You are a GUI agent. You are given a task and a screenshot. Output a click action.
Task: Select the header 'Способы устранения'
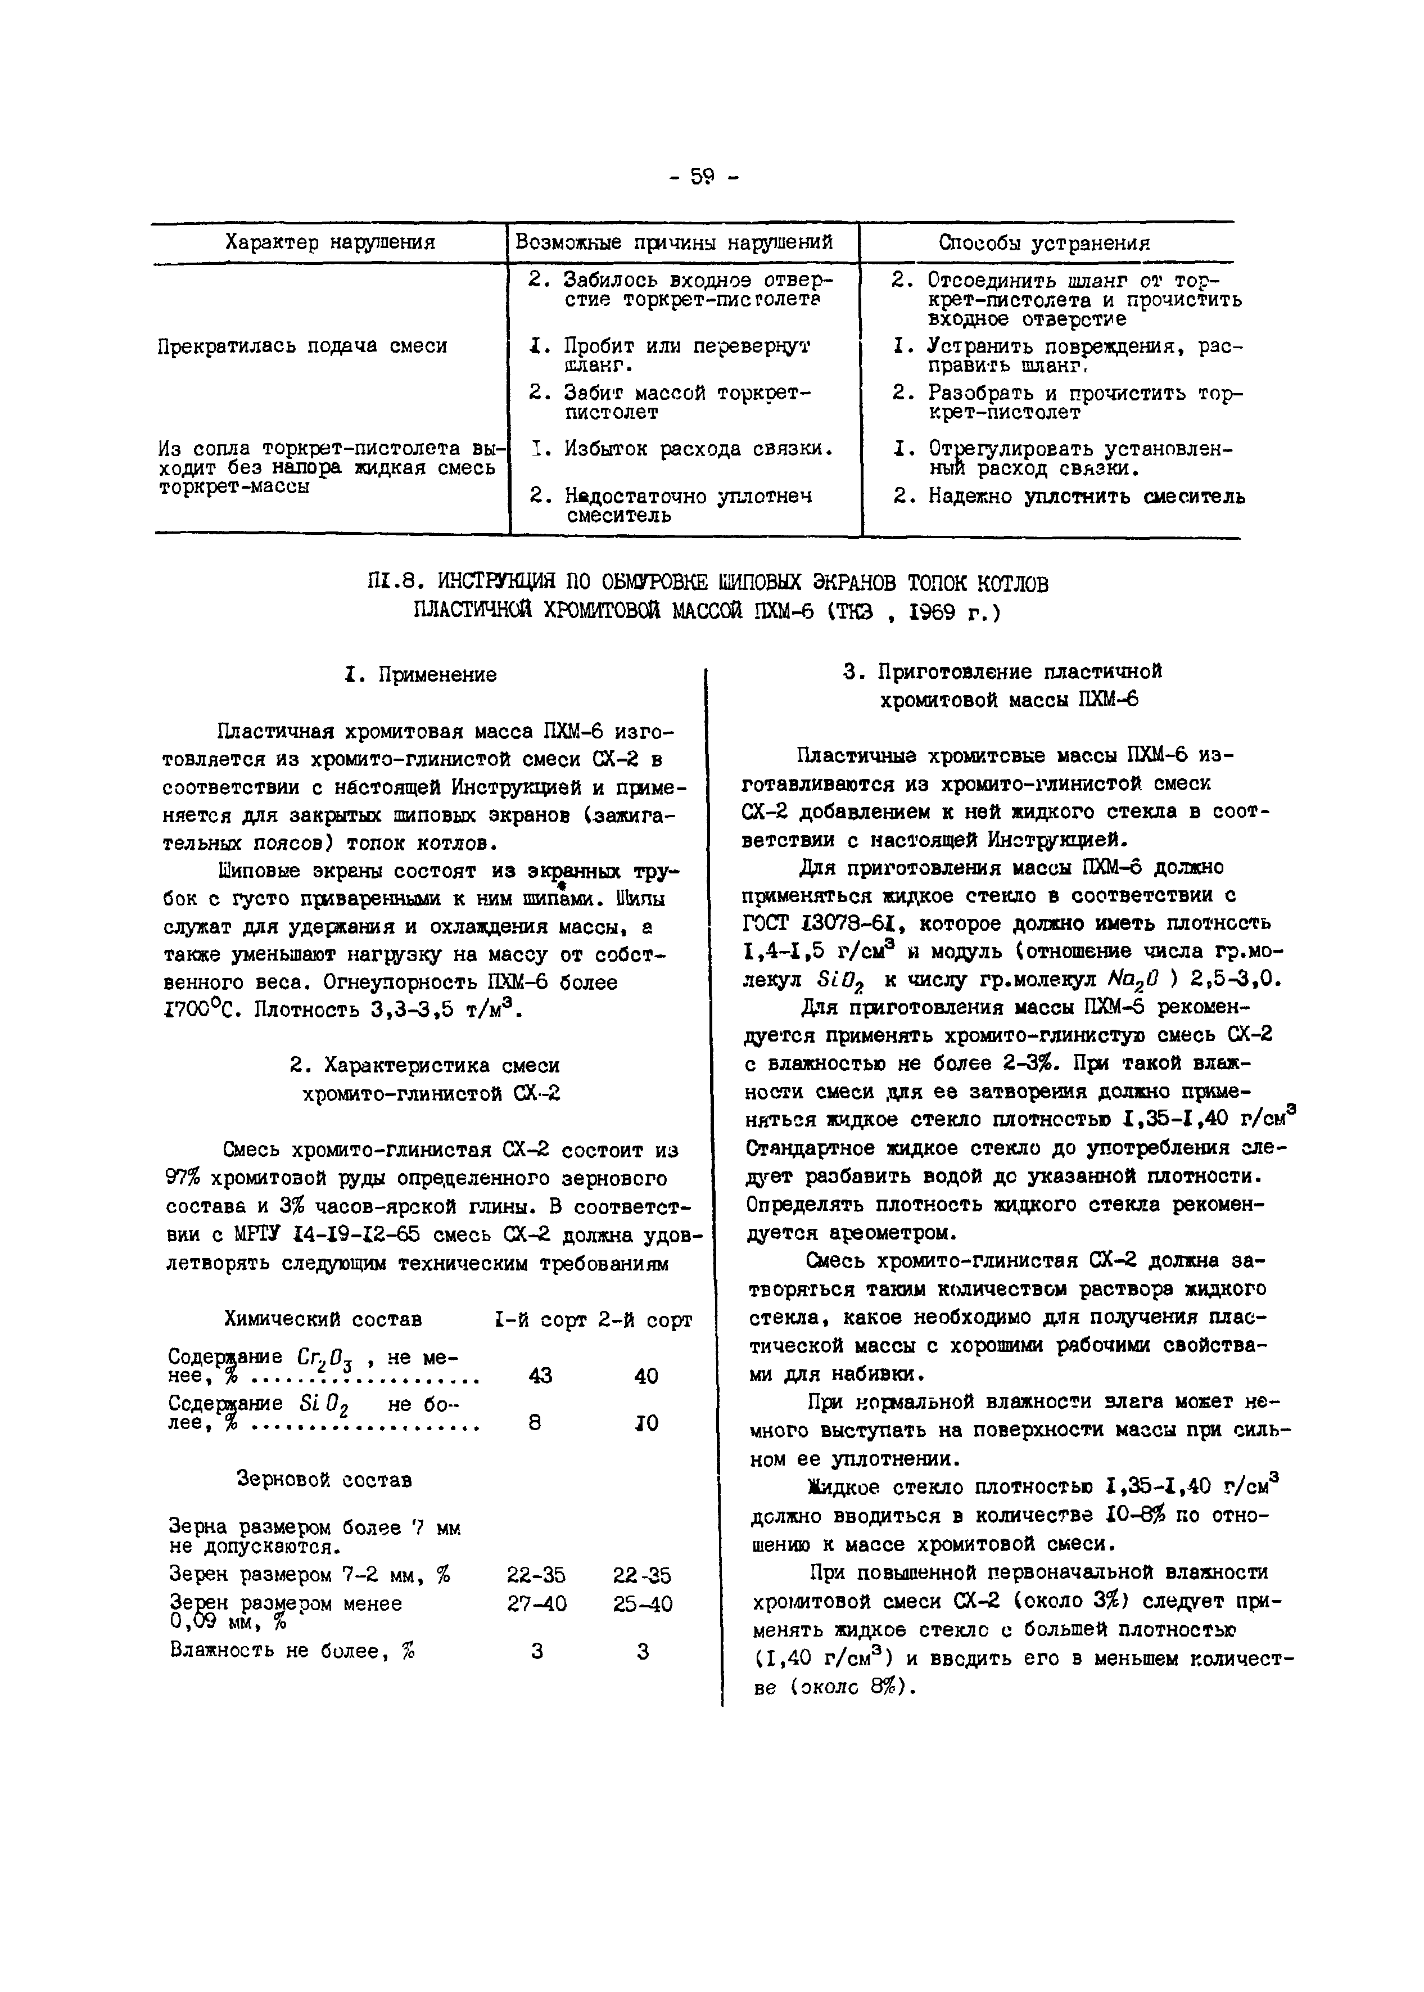coord(1045,243)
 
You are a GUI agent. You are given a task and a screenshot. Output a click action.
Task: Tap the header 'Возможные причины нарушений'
coord(673,242)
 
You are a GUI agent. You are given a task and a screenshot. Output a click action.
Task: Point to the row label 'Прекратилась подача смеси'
coord(302,346)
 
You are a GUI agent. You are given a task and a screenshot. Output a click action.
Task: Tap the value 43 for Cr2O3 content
coord(540,1376)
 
